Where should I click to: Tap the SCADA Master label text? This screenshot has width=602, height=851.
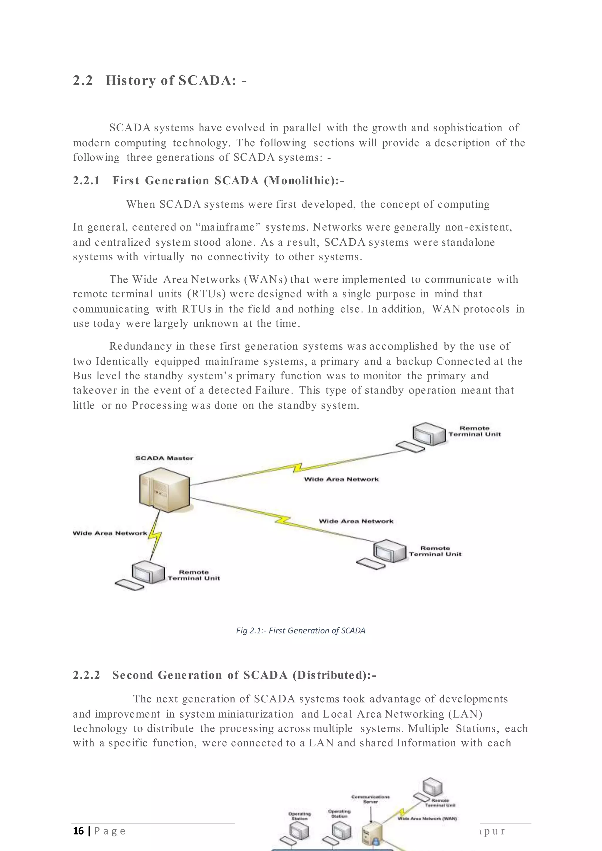click(x=164, y=458)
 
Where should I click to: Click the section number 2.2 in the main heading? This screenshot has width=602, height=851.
click(x=83, y=81)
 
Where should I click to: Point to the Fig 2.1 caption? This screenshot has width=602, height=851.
click(x=301, y=631)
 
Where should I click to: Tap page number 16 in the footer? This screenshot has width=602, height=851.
click(x=78, y=831)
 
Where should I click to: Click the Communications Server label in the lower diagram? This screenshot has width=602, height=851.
click(x=371, y=799)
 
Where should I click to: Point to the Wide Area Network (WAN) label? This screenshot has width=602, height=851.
click(x=427, y=818)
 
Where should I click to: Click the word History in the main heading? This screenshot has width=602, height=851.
click(x=131, y=81)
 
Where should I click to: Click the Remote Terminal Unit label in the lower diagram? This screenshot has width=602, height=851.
click(x=440, y=803)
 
